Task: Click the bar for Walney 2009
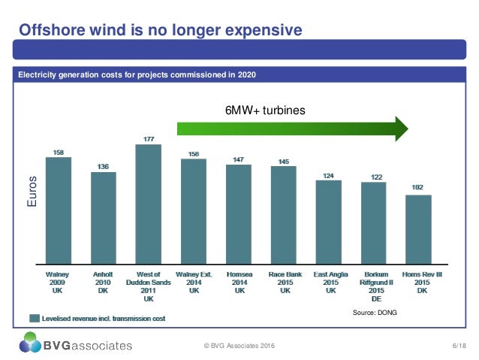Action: pos(59,210)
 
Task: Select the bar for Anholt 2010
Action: pos(104,218)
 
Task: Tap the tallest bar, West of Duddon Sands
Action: pos(149,203)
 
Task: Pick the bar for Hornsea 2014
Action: pos(239,214)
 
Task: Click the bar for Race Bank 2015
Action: pos(284,215)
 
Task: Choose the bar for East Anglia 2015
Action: pos(329,222)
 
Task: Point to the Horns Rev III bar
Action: pos(418,229)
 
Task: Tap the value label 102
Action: pos(418,189)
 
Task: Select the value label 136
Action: pos(104,166)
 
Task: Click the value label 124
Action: pos(329,175)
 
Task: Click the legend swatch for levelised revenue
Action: pos(35,318)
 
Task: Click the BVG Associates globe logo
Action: pos(32,345)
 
